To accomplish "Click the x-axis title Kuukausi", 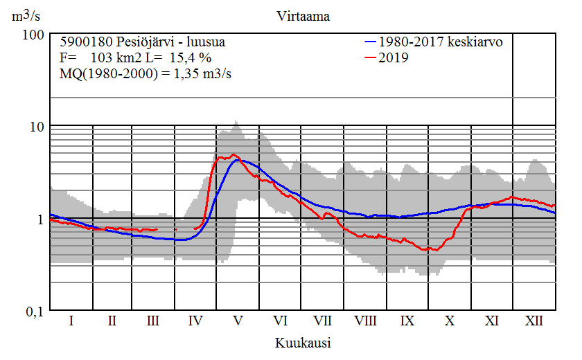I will (302, 343).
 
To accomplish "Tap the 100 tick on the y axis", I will (35, 35).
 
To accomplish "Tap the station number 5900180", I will (85, 42).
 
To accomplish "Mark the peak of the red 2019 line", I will (233, 154).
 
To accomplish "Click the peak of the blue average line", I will (238, 160).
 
